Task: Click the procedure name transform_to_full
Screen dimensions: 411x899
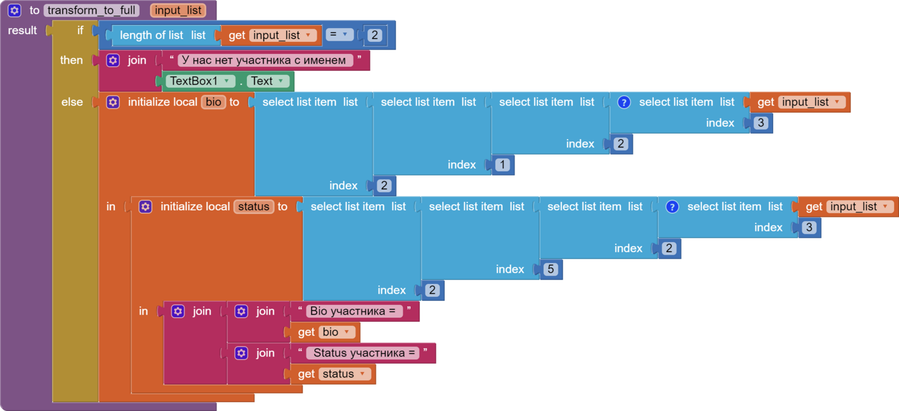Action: coord(91,10)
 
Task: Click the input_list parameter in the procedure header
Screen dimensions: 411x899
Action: coord(178,10)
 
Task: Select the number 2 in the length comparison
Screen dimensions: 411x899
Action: coord(375,35)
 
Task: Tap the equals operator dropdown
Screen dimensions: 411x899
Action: coord(340,35)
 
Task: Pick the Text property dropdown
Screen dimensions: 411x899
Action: coord(267,81)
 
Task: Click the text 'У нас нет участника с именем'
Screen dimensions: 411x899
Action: coord(264,60)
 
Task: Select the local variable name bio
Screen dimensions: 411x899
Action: coord(213,102)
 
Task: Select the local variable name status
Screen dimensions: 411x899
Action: coord(254,207)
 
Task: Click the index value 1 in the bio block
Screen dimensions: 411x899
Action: coord(502,165)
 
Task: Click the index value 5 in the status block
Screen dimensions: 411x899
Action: coord(551,270)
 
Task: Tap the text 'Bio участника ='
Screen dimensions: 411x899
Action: coord(354,312)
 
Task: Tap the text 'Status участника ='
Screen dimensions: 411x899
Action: coord(364,353)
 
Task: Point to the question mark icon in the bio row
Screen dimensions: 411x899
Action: coord(624,102)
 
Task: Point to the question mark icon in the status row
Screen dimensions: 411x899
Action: coord(672,207)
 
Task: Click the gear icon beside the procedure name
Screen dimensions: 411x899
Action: coord(15,10)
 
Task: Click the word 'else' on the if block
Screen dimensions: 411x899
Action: coord(72,102)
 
